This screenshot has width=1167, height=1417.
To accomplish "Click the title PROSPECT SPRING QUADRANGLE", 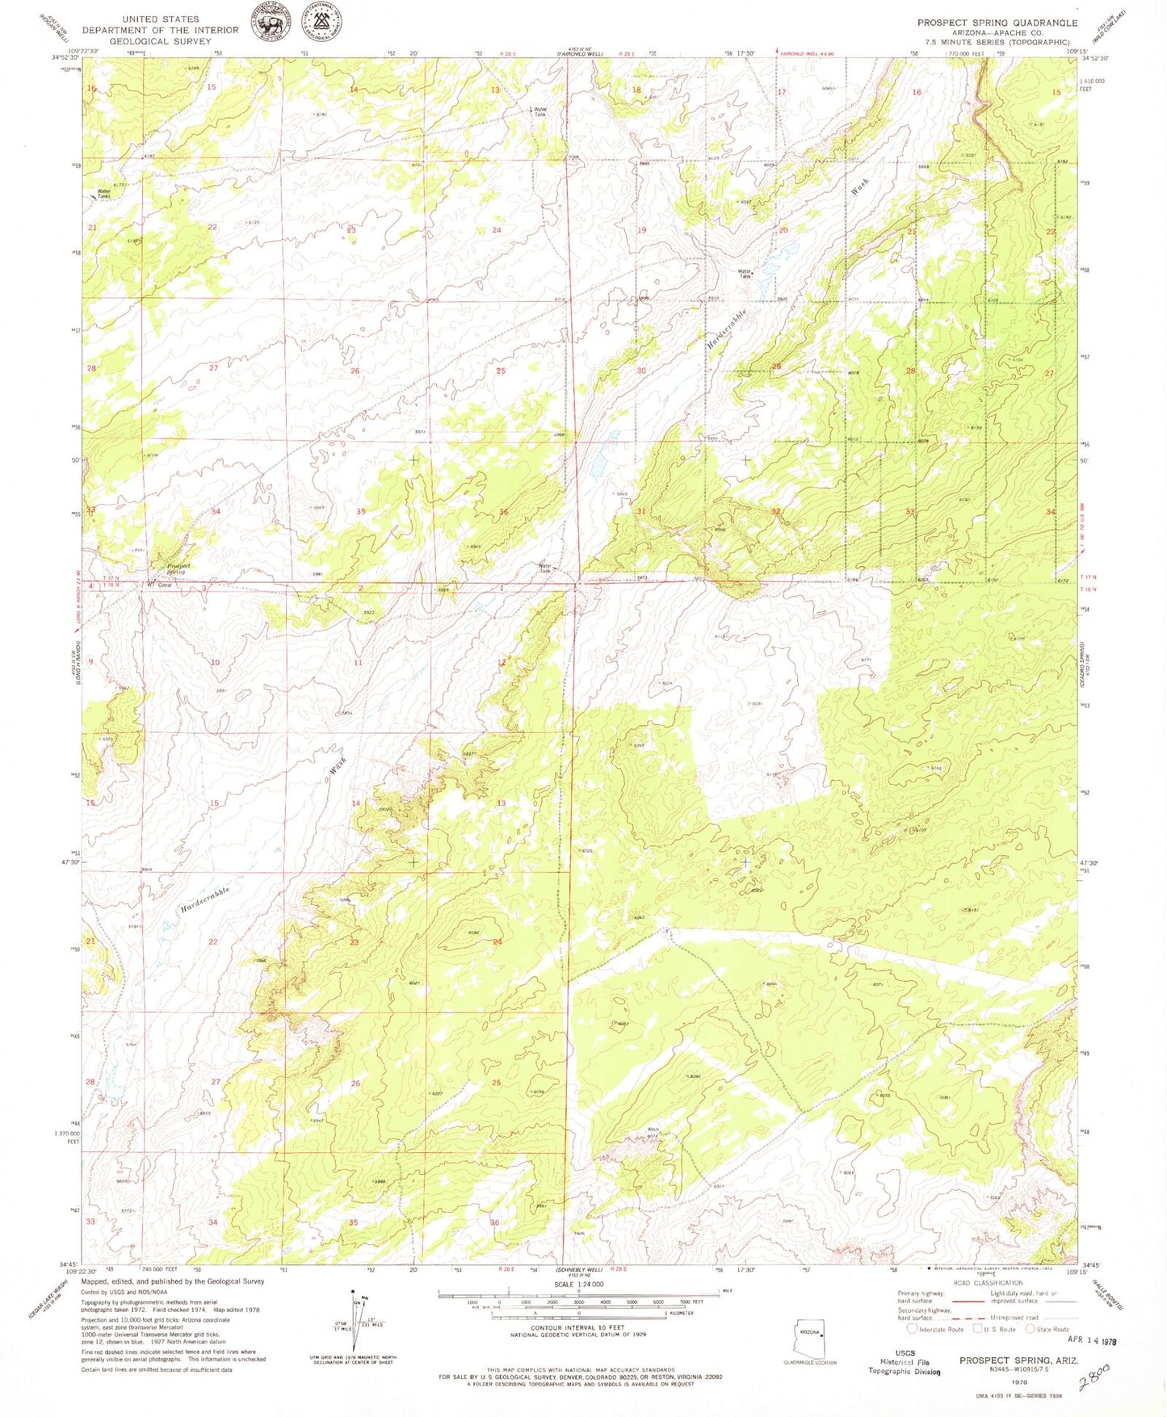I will click(x=997, y=23).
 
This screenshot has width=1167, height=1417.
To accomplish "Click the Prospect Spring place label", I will click(x=178, y=568).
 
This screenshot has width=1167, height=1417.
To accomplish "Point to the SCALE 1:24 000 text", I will click(x=578, y=1285).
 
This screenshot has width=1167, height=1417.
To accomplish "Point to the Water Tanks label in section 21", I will click(x=103, y=194).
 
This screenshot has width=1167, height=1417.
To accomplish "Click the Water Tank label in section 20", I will click(x=745, y=274).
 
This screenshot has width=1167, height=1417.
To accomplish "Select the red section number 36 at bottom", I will click(x=494, y=1222).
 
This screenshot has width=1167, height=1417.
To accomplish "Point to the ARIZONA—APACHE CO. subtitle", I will click(x=997, y=33).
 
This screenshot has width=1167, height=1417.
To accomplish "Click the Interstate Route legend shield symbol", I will click(x=912, y=1329).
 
